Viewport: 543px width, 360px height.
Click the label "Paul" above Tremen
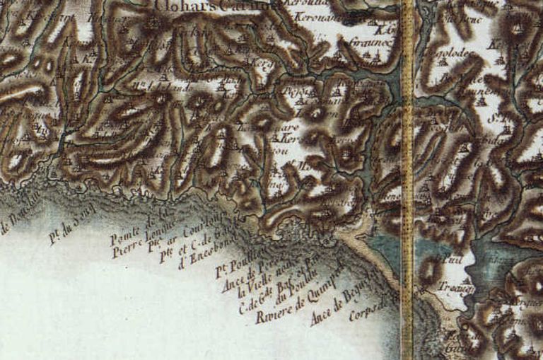448,260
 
